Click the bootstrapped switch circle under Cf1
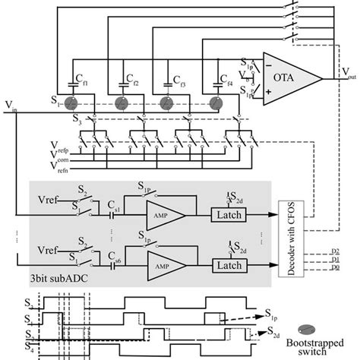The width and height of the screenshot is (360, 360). (x=71, y=104)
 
